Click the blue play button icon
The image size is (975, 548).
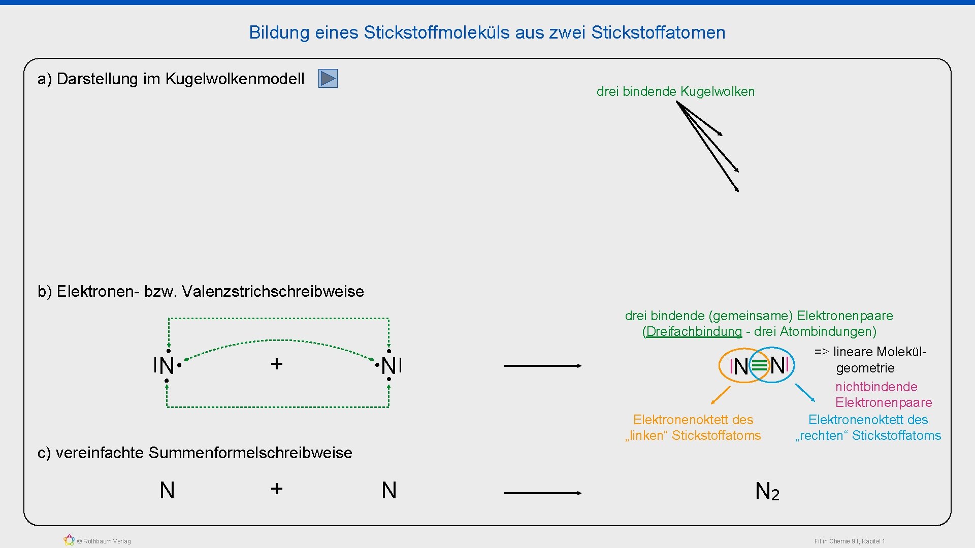tap(328, 79)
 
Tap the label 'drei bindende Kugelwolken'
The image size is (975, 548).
tap(675, 92)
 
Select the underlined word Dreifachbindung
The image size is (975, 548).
tap(694, 332)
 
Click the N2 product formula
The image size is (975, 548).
tap(767, 491)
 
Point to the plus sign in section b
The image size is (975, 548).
tap(276, 364)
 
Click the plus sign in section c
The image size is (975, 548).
tap(276, 489)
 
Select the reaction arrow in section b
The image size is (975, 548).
tap(542, 365)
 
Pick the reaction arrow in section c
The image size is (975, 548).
tap(542, 493)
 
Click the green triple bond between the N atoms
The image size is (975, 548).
tap(759, 365)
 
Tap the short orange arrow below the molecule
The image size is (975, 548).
tap(721, 395)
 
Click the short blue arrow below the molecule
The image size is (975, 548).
tap(805, 393)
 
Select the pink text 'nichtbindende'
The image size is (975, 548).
tap(876, 387)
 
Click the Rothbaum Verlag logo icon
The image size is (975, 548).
tap(69, 540)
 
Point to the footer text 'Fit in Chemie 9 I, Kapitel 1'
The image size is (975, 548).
tap(849, 541)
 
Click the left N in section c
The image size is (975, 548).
tap(167, 491)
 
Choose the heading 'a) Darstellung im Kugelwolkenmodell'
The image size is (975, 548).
tap(171, 79)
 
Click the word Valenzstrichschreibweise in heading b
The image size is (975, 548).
tap(273, 292)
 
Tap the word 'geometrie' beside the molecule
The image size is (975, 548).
tap(865, 368)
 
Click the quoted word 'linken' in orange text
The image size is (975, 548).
tap(647, 436)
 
